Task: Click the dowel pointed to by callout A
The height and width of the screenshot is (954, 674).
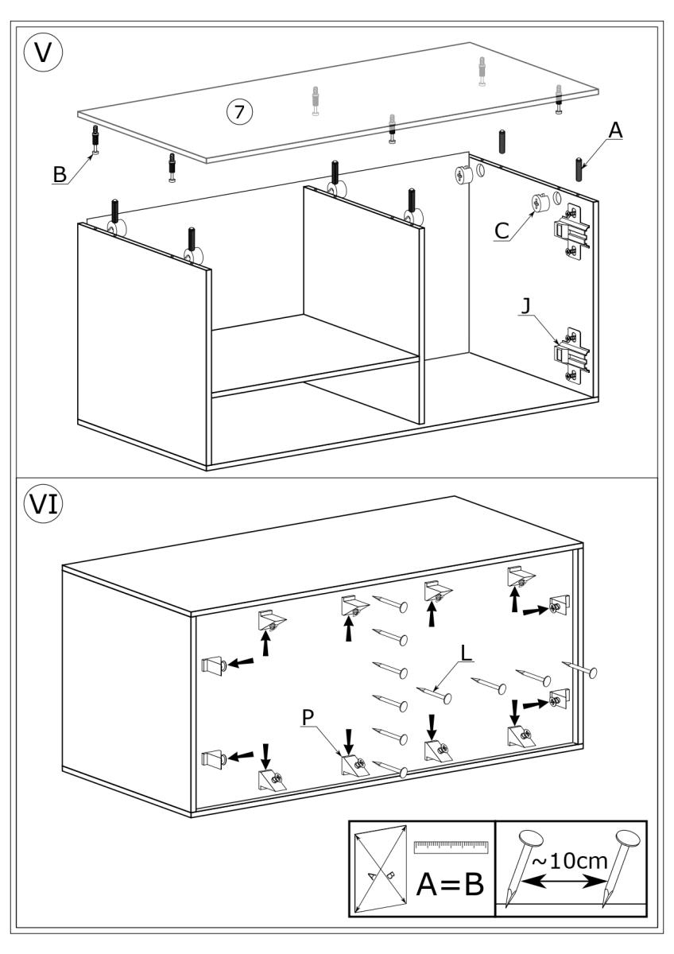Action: point(579,169)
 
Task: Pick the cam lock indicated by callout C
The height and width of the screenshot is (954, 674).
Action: point(538,204)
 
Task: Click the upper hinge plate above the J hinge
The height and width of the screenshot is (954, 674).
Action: point(571,231)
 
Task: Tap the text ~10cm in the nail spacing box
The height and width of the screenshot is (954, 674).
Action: point(571,862)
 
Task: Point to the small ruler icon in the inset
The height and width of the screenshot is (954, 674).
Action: point(450,845)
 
